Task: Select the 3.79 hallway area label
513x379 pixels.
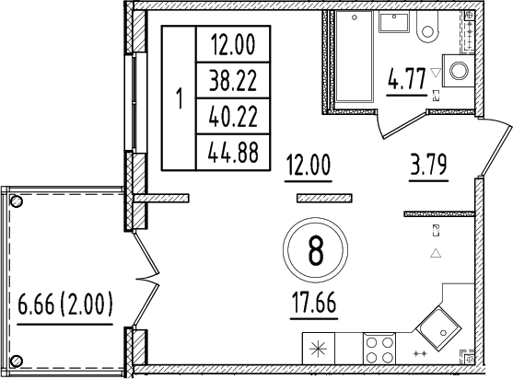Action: tap(428, 168)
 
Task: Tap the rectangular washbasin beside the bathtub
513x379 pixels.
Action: tap(398, 27)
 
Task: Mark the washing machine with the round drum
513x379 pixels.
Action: tap(457, 68)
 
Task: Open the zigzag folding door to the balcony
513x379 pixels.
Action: tap(145, 271)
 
